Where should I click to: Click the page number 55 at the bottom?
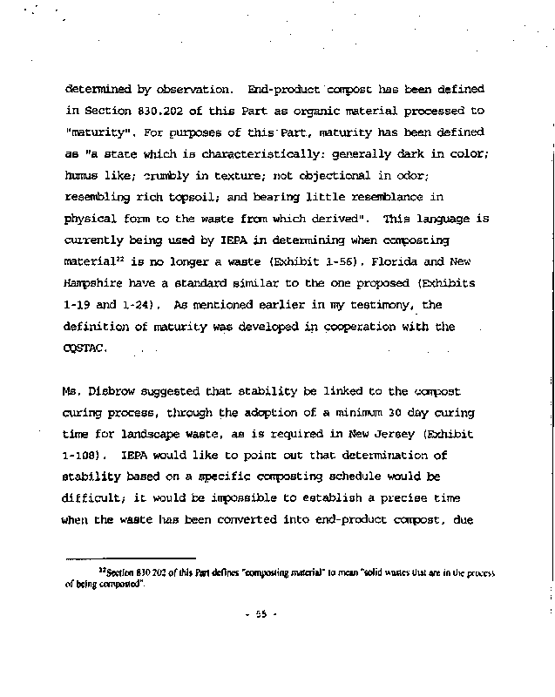coord(259,613)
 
